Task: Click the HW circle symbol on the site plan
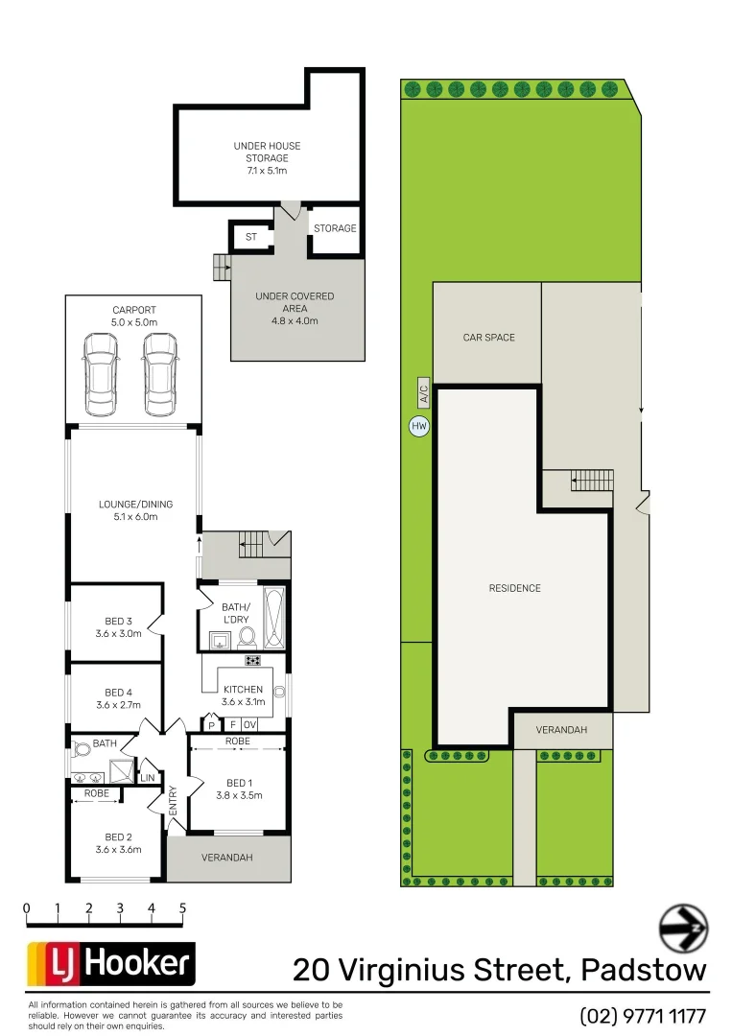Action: (418, 426)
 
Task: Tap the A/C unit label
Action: (423, 393)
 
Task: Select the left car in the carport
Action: (102, 374)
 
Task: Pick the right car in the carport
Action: (160, 374)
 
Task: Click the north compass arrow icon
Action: (683, 929)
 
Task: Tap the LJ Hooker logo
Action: (110, 964)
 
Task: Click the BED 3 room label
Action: (119, 627)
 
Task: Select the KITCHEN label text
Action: (243, 690)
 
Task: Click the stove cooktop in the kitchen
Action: (253, 660)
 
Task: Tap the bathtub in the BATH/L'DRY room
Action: (274, 619)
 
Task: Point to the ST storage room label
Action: (251, 236)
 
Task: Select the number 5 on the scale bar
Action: (182, 907)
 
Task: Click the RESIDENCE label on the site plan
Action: (515, 588)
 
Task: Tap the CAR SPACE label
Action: (488, 338)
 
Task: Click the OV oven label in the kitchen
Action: (250, 724)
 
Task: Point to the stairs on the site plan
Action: (591, 479)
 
